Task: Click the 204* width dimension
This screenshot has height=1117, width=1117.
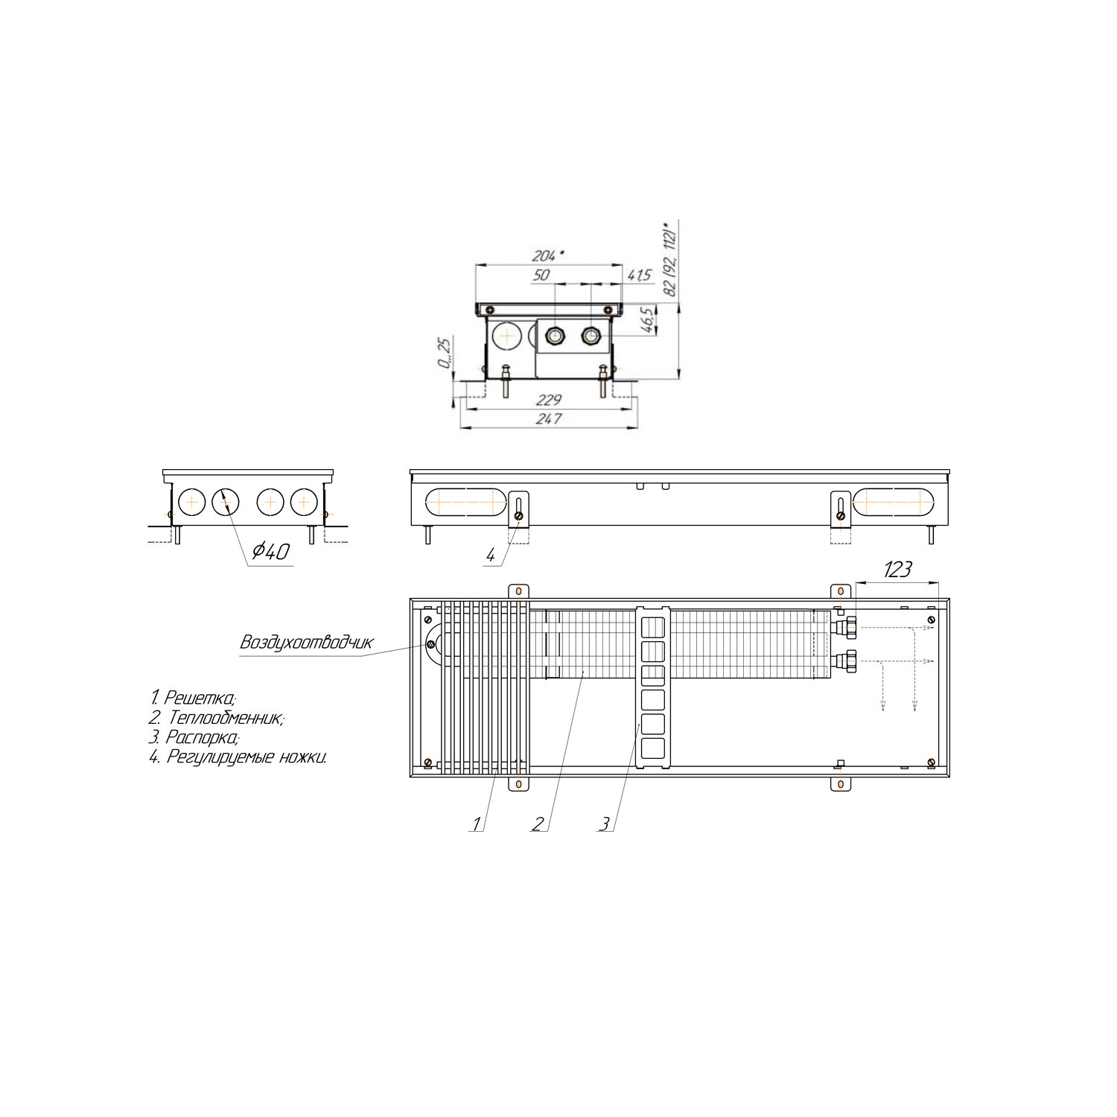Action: (548, 255)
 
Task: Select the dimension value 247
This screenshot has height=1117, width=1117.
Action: (548, 419)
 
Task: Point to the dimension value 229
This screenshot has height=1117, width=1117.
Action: (548, 401)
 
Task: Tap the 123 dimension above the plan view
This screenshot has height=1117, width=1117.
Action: (898, 570)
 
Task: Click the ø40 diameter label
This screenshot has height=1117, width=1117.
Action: (270, 551)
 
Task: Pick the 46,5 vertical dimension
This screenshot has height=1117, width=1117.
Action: (648, 319)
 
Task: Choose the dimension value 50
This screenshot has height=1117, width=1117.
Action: (541, 275)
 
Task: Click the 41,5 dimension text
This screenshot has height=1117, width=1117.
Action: (640, 276)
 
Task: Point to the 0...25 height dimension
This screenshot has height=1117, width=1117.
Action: (445, 352)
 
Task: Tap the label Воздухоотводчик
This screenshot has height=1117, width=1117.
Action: (306, 642)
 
